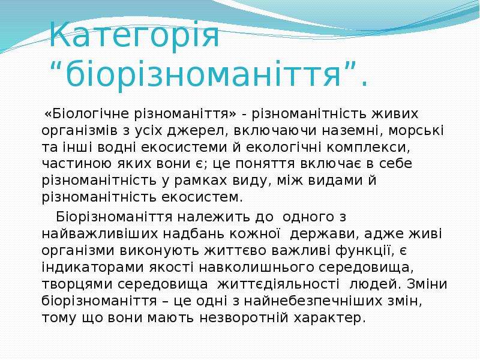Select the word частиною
[x=77, y=164]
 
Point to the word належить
[x=214, y=217]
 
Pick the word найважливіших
[x=100, y=234]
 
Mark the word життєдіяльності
[x=278, y=284]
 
